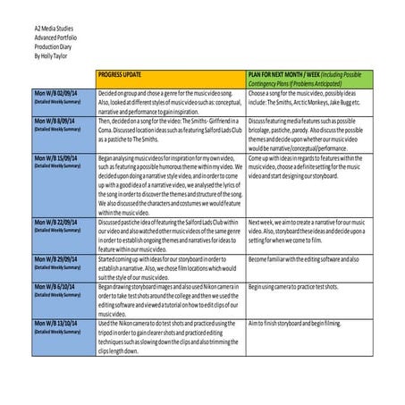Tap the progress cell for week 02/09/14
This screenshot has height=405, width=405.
(170, 101)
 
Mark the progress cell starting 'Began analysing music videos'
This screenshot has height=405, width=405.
(170, 184)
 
